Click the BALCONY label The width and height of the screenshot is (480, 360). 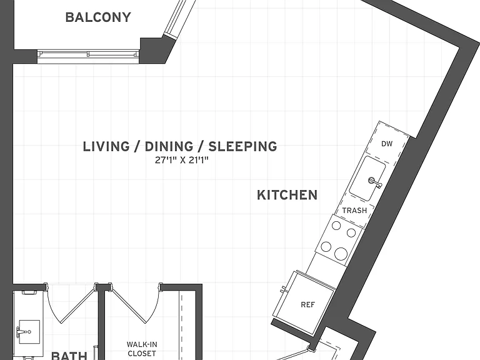pos(98,17)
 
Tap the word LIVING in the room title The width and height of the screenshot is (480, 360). pos(106,146)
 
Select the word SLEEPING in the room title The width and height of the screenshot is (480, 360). pos(242,146)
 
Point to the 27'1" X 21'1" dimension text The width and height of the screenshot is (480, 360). pos(181,160)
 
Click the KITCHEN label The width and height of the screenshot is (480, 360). pos(287,195)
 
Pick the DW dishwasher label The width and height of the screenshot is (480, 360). pos(387,144)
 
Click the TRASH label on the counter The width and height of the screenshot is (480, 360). pos(354,210)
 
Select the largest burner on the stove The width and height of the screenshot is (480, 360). pos(341,254)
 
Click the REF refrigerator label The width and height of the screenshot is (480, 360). pos(307,304)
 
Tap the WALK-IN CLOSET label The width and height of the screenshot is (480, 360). pos(142,349)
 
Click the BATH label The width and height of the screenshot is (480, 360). pos(69,356)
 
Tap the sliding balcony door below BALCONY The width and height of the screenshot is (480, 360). pos(88,56)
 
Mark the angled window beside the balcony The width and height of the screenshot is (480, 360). pos(180,19)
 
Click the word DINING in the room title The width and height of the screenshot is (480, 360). pos(169,146)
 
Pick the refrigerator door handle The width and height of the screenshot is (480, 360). pos(283,289)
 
